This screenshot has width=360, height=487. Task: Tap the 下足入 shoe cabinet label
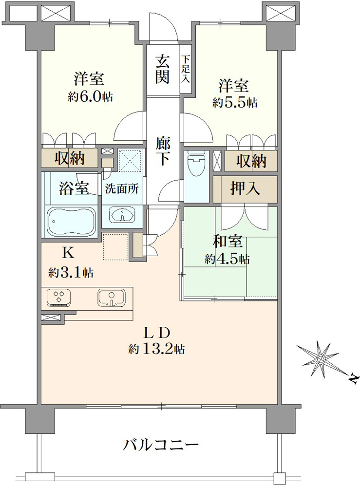click(x=186, y=69)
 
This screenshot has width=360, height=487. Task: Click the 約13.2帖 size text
click(x=157, y=350)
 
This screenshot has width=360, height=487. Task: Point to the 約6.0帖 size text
click(x=91, y=97)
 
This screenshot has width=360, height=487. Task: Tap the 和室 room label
click(x=227, y=242)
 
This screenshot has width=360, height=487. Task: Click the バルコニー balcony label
click(x=161, y=446)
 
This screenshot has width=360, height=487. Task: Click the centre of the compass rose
click(x=320, y=359)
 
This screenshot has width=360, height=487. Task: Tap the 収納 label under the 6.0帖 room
click(x=70, y=159)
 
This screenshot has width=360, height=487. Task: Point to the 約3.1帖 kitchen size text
click(x=71, y=273)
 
